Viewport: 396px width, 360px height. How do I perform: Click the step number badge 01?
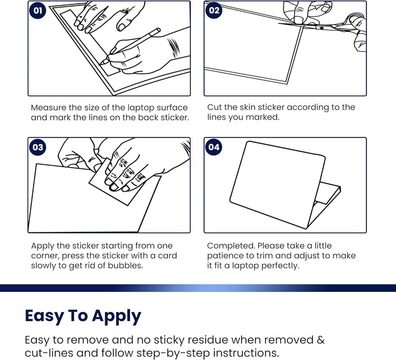(x=37, y=10)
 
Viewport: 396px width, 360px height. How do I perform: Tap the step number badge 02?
(x=214, y=10)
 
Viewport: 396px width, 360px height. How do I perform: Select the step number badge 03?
(x=37, y=147)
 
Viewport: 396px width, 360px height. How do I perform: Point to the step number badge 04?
(x=214, y=147)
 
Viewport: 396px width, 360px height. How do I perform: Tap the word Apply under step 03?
(x=43, y=246)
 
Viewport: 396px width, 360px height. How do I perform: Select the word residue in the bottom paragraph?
(x=191, y=340)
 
